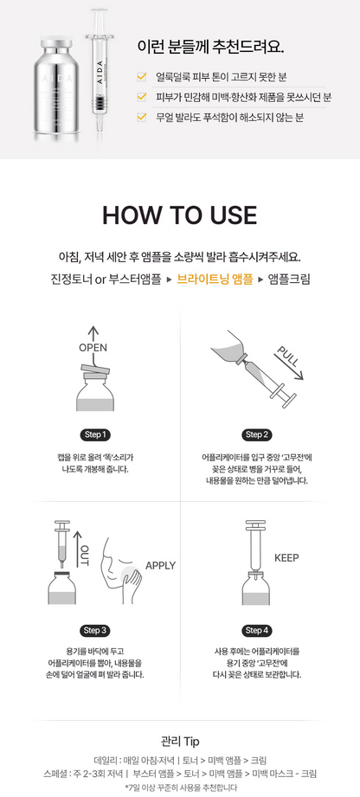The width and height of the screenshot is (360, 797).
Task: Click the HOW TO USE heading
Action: pos(179,215)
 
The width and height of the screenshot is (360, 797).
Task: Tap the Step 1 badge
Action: pos(95,434)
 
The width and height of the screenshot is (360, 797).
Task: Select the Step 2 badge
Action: pos(256,434)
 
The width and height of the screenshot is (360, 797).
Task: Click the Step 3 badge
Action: pos(95,631)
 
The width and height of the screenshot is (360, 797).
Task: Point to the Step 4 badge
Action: pos(256,631)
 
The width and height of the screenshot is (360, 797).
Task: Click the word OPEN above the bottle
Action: pos(93,348)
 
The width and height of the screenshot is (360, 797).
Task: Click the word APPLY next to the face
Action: pos(160,565)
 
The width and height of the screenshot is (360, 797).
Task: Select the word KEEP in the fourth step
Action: pos(286,557)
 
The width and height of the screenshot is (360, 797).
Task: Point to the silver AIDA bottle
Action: pos(56,87)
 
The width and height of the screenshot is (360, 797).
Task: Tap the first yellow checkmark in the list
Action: pos(142,77)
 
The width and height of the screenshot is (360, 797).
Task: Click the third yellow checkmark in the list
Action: pos(142,118)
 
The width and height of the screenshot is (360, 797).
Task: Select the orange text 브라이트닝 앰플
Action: pos(215,279)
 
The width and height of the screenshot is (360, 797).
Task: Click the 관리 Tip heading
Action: pos(179,741)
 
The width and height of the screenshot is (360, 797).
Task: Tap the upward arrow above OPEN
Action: pos(93,333)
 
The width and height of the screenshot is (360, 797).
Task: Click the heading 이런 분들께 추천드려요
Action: pos(210,47)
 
